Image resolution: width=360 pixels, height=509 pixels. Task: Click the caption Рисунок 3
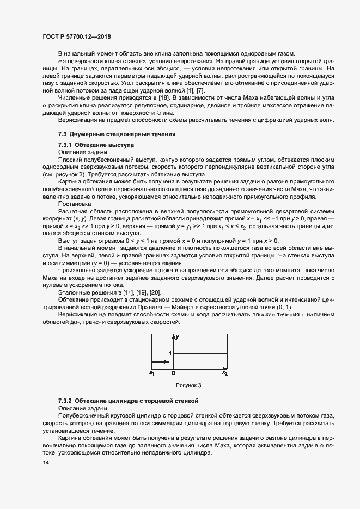point(188,385)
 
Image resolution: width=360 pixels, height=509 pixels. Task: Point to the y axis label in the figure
point(177,338)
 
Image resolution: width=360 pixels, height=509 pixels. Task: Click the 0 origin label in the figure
point(173,373)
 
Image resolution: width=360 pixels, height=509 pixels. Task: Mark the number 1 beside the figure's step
point(169,353)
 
